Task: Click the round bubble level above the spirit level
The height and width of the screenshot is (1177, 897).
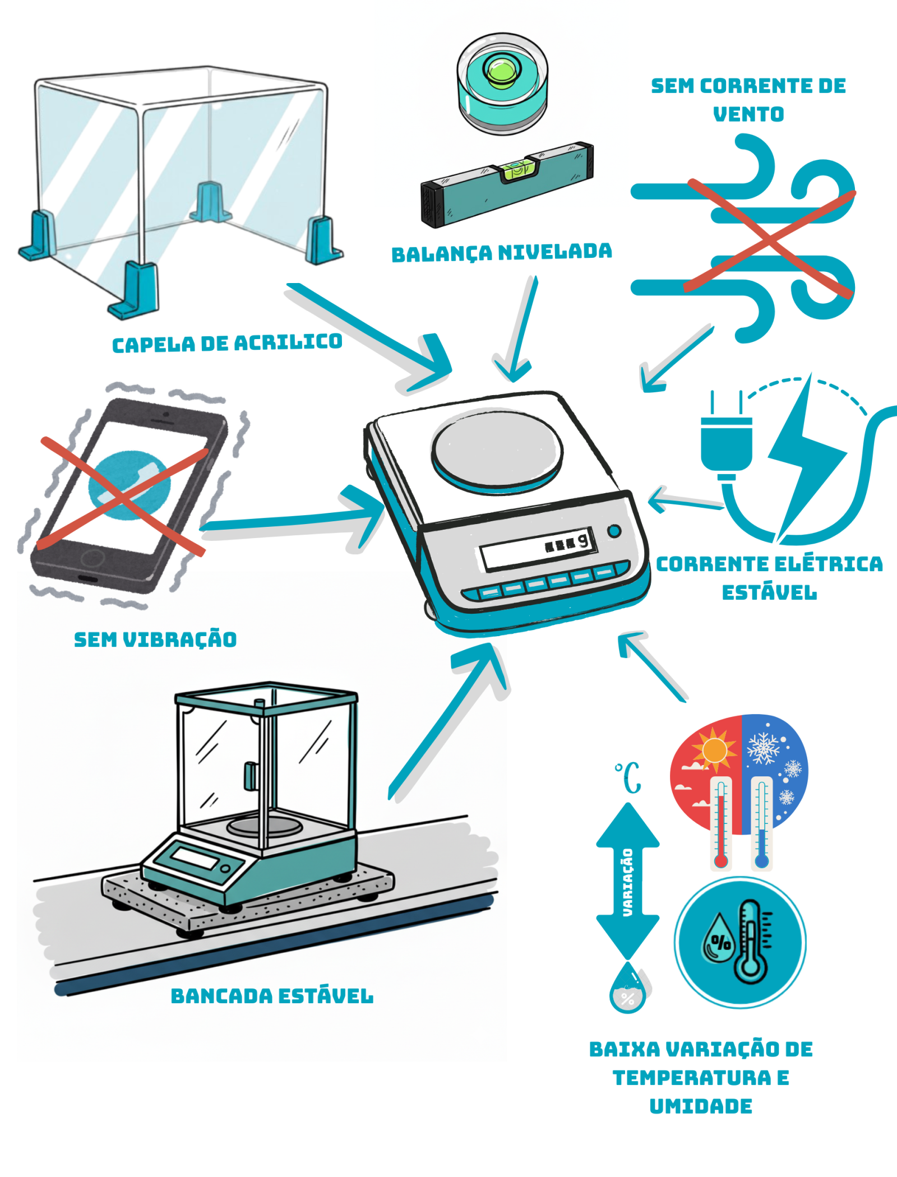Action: click(x=502, y=83)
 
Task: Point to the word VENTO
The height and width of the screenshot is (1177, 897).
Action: click(x=748, y=114)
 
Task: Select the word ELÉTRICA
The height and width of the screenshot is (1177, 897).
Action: click(x=826, y=564)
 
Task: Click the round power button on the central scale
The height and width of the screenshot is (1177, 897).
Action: click(x=614, y=531)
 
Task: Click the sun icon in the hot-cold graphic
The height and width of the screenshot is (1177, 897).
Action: click(x=714, y=749)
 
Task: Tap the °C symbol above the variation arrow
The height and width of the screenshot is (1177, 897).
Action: click(x=628, y=777)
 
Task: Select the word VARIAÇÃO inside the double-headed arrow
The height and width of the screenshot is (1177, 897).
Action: click(x=628, y=882)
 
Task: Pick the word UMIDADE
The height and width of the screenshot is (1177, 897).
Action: click(x=701, y=1106)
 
